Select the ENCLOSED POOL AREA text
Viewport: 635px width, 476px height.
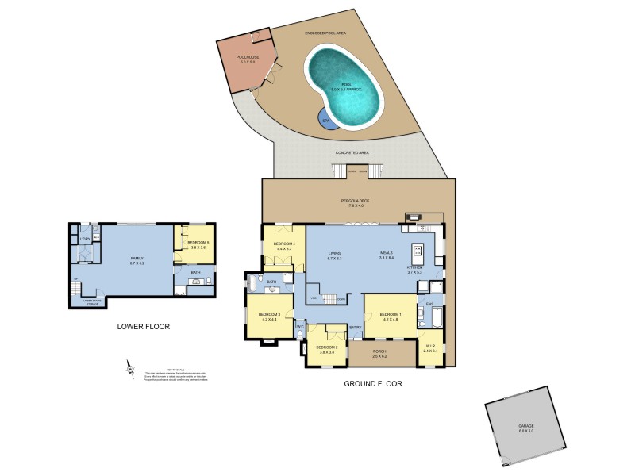tap(325, 33)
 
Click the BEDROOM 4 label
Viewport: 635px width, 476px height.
tap(284, 244)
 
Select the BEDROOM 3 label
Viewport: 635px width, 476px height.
tap(269, 315)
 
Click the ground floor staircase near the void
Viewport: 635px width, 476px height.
tap(333, 298)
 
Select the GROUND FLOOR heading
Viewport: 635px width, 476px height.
tap(372, 383)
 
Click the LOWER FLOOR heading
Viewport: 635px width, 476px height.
tap(143, 326)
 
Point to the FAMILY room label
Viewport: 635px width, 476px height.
tap(137, 259)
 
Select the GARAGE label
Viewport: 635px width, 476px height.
tap(526, 429)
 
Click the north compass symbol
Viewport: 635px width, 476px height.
tap(130, 369)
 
